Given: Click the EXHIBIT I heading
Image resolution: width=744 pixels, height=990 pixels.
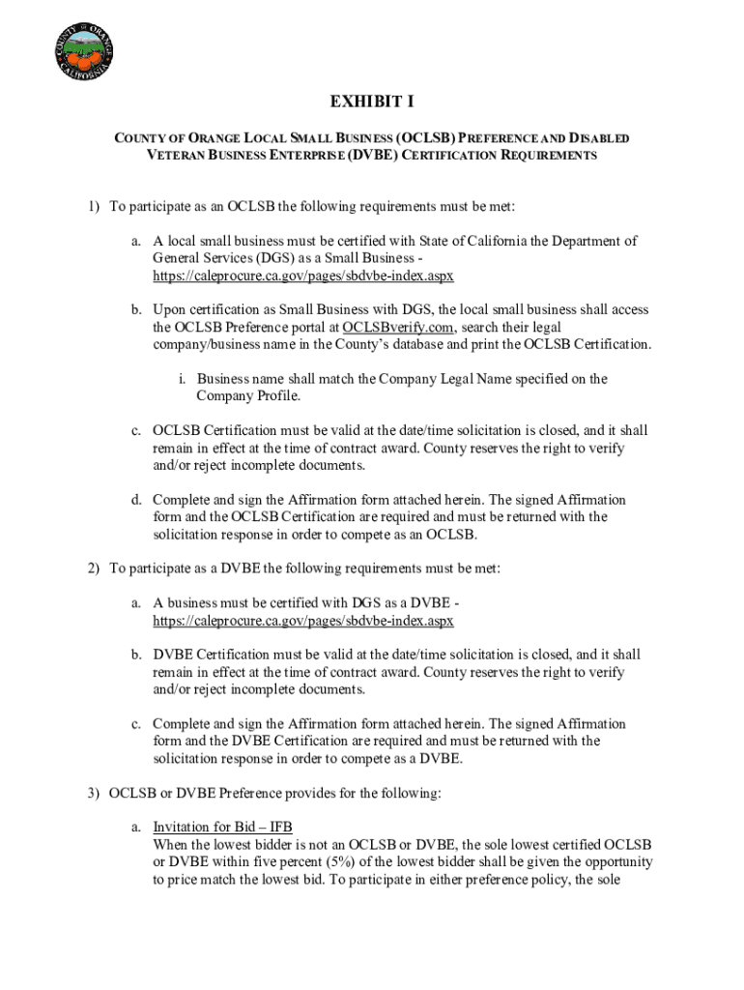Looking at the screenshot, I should pyautogui.click(x=372, y=102).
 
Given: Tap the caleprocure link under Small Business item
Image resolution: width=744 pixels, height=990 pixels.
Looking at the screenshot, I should pyautogui.click(x=302, y=276).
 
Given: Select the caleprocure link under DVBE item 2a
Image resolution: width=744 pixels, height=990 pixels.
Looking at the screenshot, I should pyautogui.click(x=302, y=620).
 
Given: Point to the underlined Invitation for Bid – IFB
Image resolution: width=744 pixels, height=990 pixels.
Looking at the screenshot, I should pyautogui.click(x=222, y=827).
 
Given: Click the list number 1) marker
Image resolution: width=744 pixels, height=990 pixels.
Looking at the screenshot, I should pyautogui.click(x=93, y=206).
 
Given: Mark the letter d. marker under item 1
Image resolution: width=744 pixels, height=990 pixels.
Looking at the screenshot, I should pyautogui.click(x=137, y=500).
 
